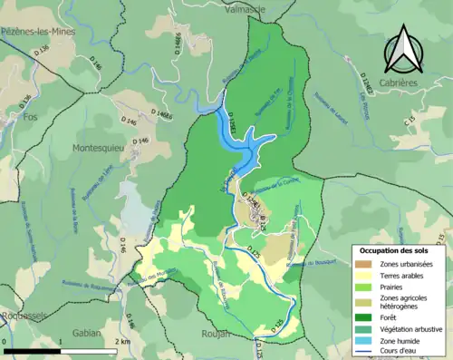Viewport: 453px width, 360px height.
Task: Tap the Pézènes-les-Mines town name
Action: [x=38, y=30]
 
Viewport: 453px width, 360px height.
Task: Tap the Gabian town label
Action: [x=88, y=333]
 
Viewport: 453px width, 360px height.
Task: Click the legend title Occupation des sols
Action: [x=394, y=249]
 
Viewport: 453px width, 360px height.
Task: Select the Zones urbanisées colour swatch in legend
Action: [x=365, y=264]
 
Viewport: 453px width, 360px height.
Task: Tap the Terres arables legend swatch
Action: [x=365, y=277]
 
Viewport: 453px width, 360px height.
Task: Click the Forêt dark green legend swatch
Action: [x=365, y=318]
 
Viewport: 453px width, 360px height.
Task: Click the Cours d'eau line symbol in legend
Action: [x=365, y=354]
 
